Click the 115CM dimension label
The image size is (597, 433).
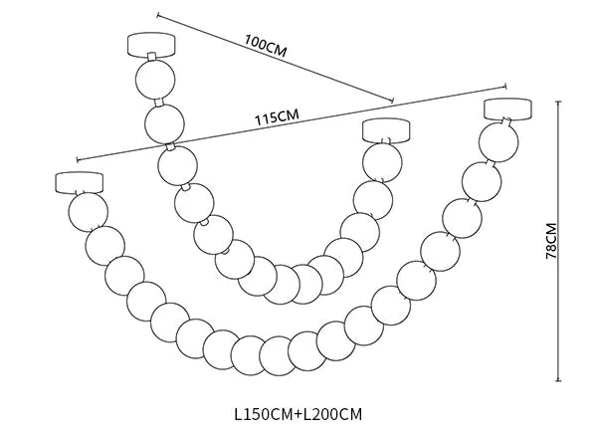point(277,117)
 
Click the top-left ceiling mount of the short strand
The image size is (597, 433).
point(151,45)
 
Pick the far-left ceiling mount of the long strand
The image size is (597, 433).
point(80,182)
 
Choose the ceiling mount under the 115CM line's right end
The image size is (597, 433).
point(384,130)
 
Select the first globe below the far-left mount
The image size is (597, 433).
point(87,210)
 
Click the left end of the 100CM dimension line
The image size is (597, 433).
point(157,13)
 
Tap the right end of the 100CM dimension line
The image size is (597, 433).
point(394,101)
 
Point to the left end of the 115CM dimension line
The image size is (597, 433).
point(76,158)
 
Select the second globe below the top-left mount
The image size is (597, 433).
point(164,123)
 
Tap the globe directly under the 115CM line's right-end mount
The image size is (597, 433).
point(384,161)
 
